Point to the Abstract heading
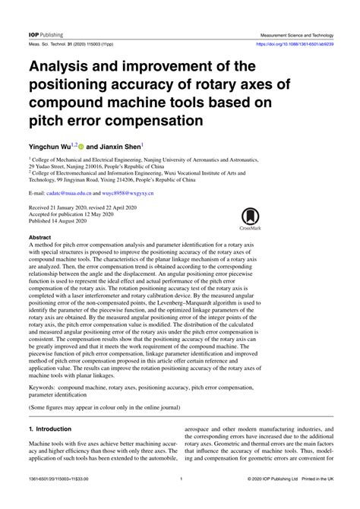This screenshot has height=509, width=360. pyautogui.click(x=41, y=239)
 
